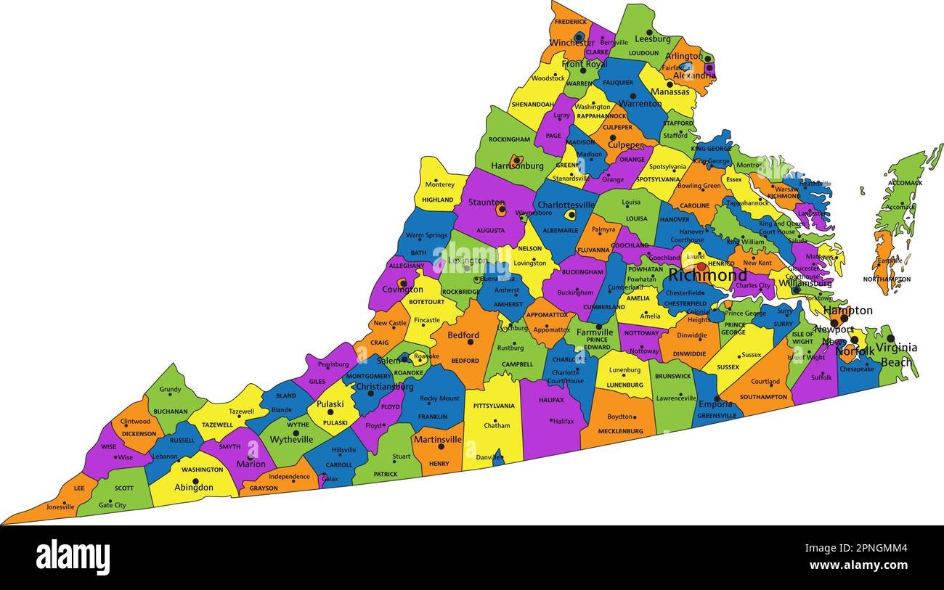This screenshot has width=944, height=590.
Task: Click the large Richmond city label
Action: click(707, 276)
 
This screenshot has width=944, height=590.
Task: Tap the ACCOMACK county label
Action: click(904, 183)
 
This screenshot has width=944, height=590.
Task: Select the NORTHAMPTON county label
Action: click(887, 279)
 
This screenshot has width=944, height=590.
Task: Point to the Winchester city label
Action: click(571, 43)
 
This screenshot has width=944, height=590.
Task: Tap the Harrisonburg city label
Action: click(516, 166)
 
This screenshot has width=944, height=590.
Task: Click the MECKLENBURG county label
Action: click(620, 431)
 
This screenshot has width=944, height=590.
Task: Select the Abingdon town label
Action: click(193, 488)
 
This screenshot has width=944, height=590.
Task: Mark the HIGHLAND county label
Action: click(438, 200)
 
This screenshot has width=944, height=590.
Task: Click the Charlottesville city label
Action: click(566, 205)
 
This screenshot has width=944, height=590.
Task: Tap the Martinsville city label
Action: click(437, 439)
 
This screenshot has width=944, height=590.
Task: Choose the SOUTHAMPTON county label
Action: click(763, 397)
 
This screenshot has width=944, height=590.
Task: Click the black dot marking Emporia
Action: click(717, 398)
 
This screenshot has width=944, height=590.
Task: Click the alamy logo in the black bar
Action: click(73, 557)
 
